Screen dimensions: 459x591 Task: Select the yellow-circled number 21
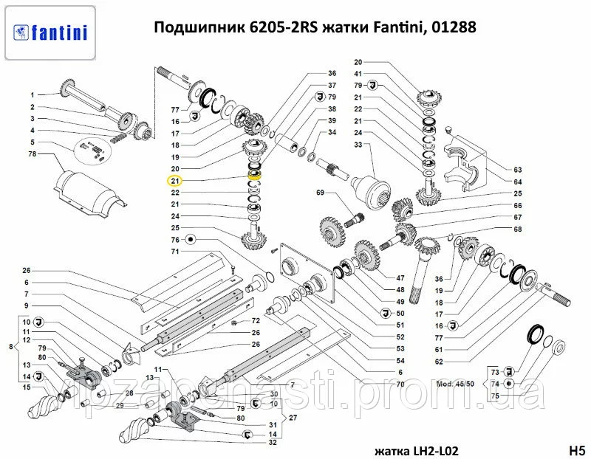(x=174, y=180)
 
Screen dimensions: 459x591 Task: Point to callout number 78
(x=33, y=153)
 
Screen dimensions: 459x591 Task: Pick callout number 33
(x=358, y=145)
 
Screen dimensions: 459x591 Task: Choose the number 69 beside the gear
(x=321, y=193)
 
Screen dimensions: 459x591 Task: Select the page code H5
(x=576, y=449)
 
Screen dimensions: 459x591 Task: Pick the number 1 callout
(x=33, y=94)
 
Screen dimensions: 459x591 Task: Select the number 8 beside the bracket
(x=10, y=347)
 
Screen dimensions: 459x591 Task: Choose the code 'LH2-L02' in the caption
(x=431, y=449)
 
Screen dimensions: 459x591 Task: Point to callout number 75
(x=496, y=396)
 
